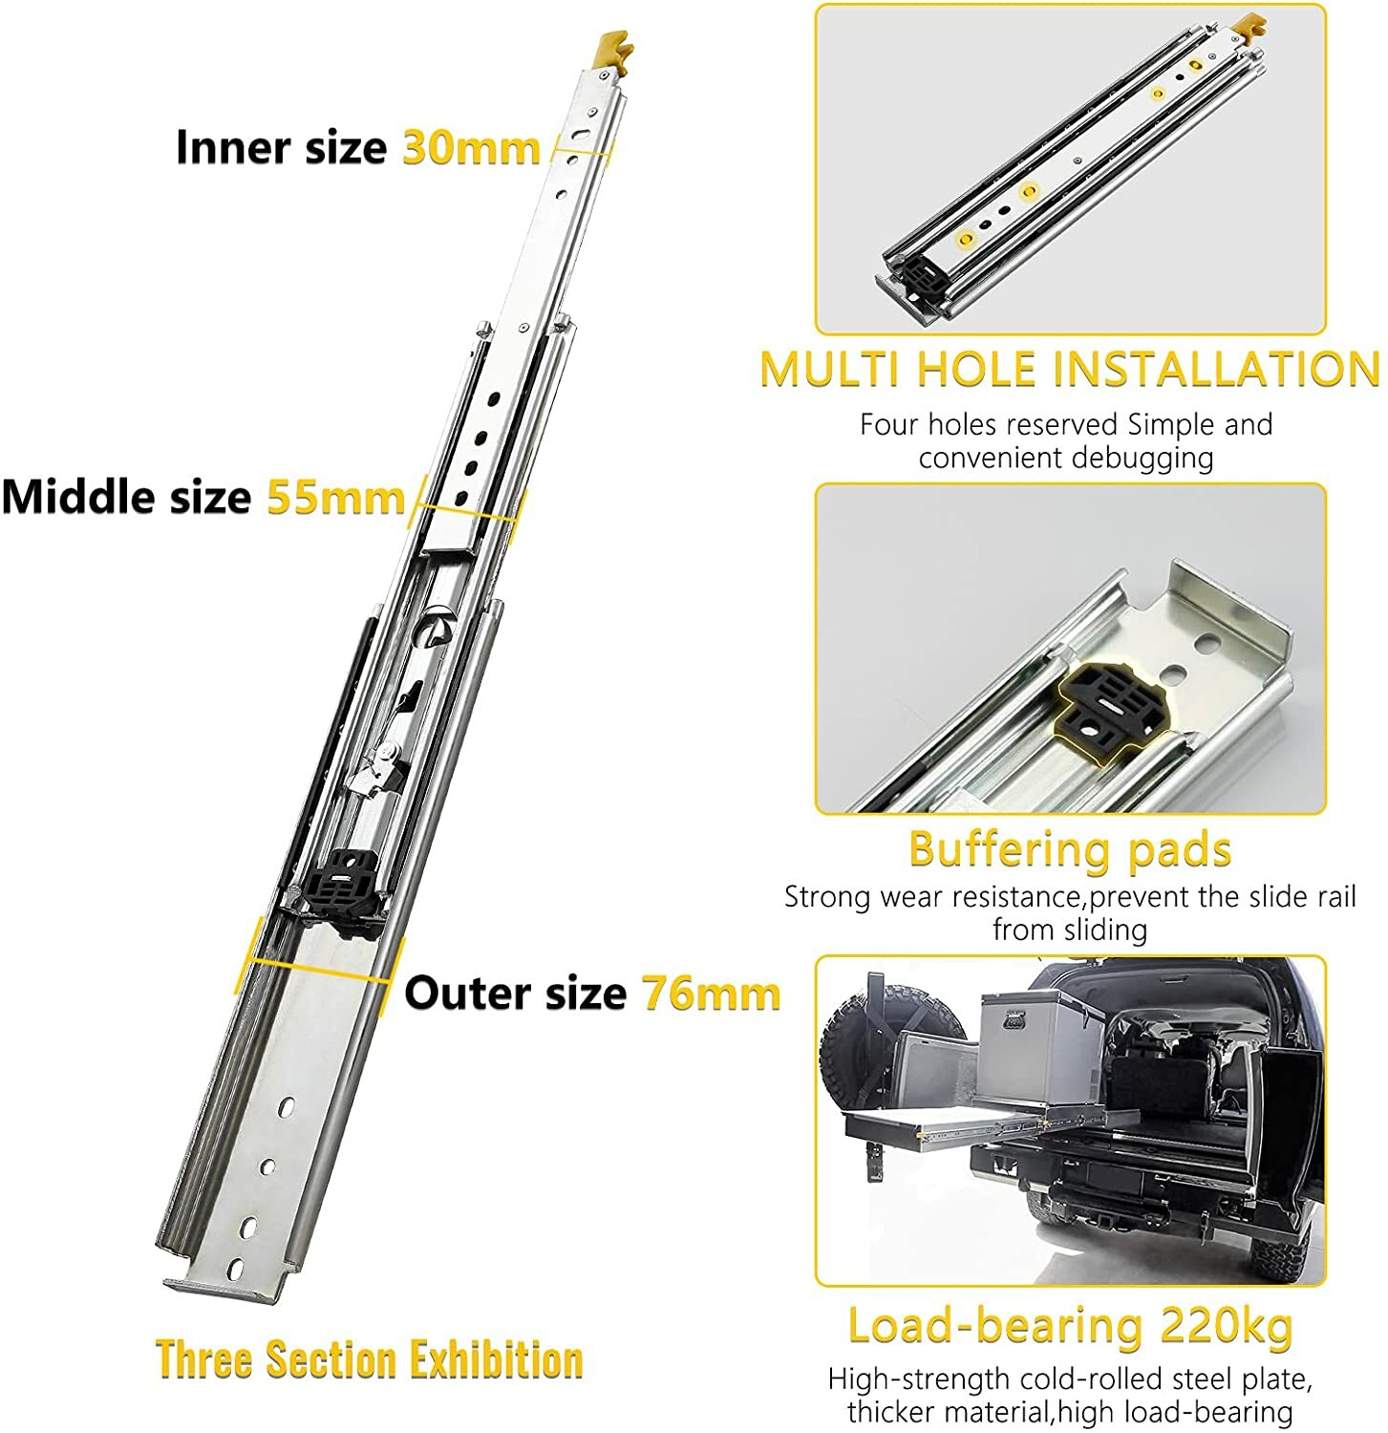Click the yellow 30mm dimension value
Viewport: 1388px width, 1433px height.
coord(471,148)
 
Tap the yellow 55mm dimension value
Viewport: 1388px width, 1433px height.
coord(335,498)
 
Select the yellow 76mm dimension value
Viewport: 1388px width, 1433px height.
coord(711,994)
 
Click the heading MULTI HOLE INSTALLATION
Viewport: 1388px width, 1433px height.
coord(1069,370)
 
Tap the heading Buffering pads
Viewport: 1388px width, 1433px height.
coord(1069,848)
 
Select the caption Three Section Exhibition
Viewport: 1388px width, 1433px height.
coord(369,1358)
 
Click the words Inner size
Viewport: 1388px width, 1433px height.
coord(281,148)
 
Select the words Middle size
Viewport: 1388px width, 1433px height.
coord(126,498)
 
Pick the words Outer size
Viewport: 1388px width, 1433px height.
coord(515,994)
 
